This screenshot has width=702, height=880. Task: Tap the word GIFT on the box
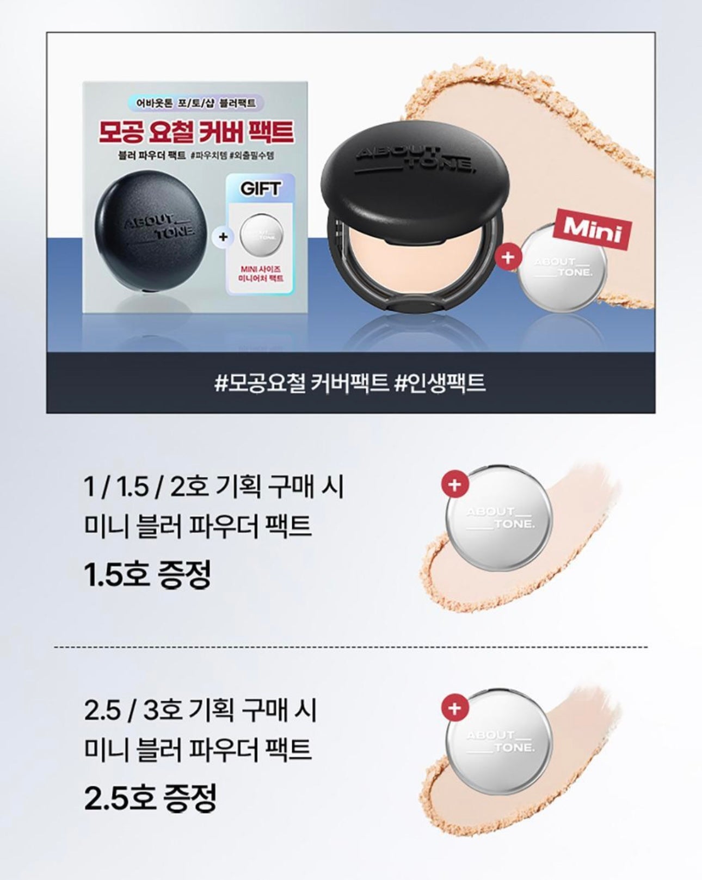coord(261,189)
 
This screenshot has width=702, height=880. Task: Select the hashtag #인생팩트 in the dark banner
coord(439,383)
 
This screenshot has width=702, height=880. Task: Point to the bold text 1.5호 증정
coord(147,575)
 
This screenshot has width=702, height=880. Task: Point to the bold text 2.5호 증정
coord(151,798)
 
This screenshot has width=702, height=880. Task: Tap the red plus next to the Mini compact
coord(507,257)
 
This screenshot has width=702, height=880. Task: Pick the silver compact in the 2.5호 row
coord(498,742)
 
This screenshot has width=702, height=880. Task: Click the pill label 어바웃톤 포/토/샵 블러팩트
coord(195,102)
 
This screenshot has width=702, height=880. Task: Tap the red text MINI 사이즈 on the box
coord(261,269)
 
